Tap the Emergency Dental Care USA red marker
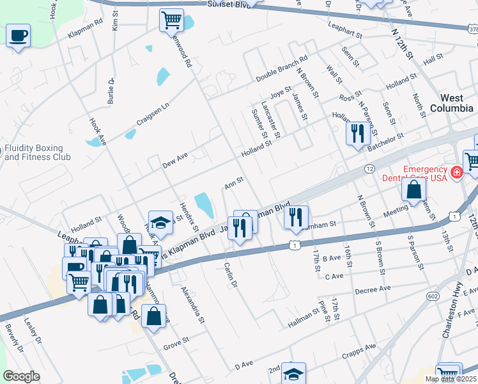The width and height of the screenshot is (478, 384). (x=456, y=172)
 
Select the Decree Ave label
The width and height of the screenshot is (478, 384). (x=372, y=289)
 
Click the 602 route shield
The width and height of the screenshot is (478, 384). (x=433, y=296)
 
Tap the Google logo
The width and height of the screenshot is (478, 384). (x=20, y=376)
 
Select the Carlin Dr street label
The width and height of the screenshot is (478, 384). (x=231, y=275)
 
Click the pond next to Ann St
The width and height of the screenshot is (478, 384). (x=203, y=204)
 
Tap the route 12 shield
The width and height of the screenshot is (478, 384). (x=370, y=168)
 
